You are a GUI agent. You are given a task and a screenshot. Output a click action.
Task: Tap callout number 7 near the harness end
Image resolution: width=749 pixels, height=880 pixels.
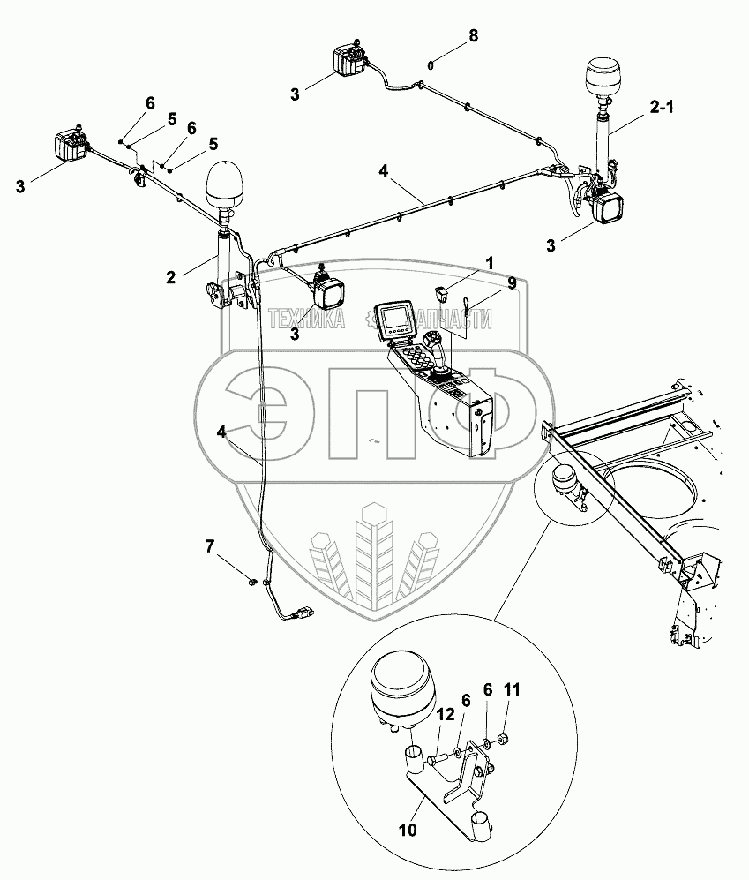click(209, 547)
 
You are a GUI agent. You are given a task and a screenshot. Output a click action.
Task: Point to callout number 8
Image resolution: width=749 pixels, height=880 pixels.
click(473, 36)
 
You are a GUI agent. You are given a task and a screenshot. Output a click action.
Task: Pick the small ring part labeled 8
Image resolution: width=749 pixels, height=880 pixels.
click(431, 64)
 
